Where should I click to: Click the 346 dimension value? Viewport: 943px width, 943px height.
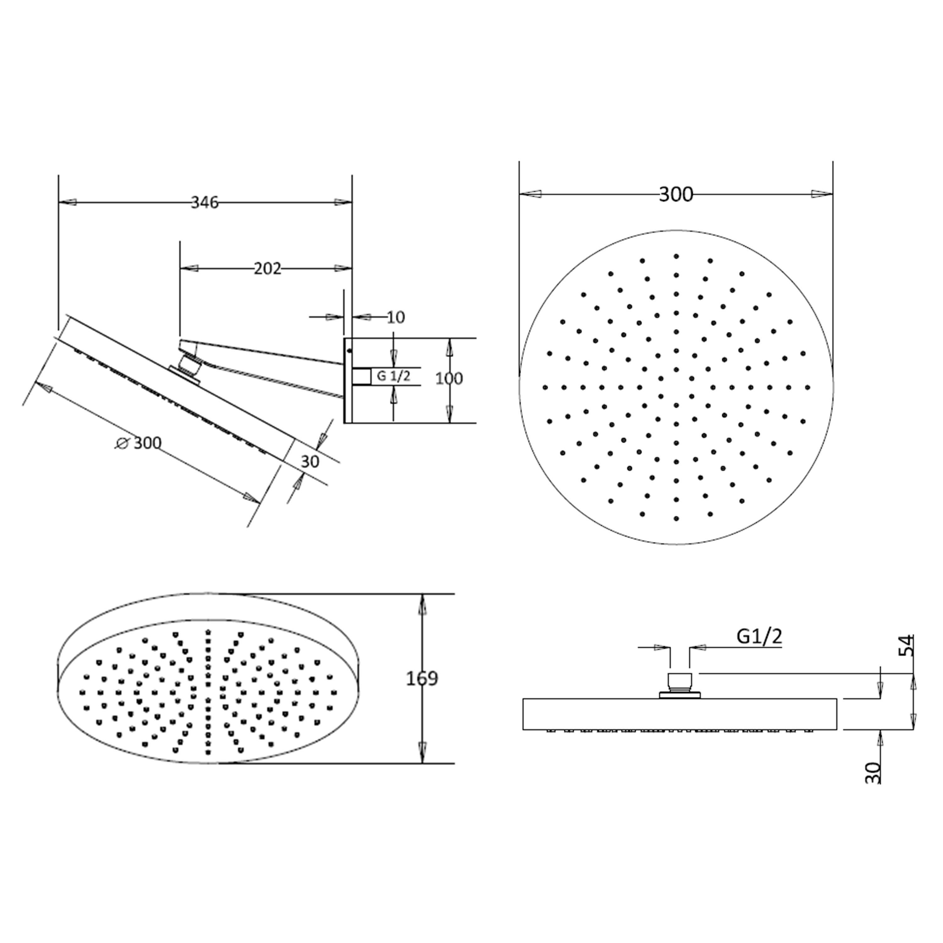pyautogui.click(x=205, y=202)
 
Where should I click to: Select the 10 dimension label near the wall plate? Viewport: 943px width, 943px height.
pyautogui.click(x=396, y=318)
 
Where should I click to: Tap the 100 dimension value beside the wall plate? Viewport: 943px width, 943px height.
pyautogui.click(x=449, y=379)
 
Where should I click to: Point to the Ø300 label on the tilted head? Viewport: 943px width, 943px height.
pyautogui.click(x=139, y=443)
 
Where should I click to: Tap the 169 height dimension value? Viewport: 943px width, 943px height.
pyautogui.click(x=422, y=678)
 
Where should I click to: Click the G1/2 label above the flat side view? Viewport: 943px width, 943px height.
pyautogui.click(x=759, y=636)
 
